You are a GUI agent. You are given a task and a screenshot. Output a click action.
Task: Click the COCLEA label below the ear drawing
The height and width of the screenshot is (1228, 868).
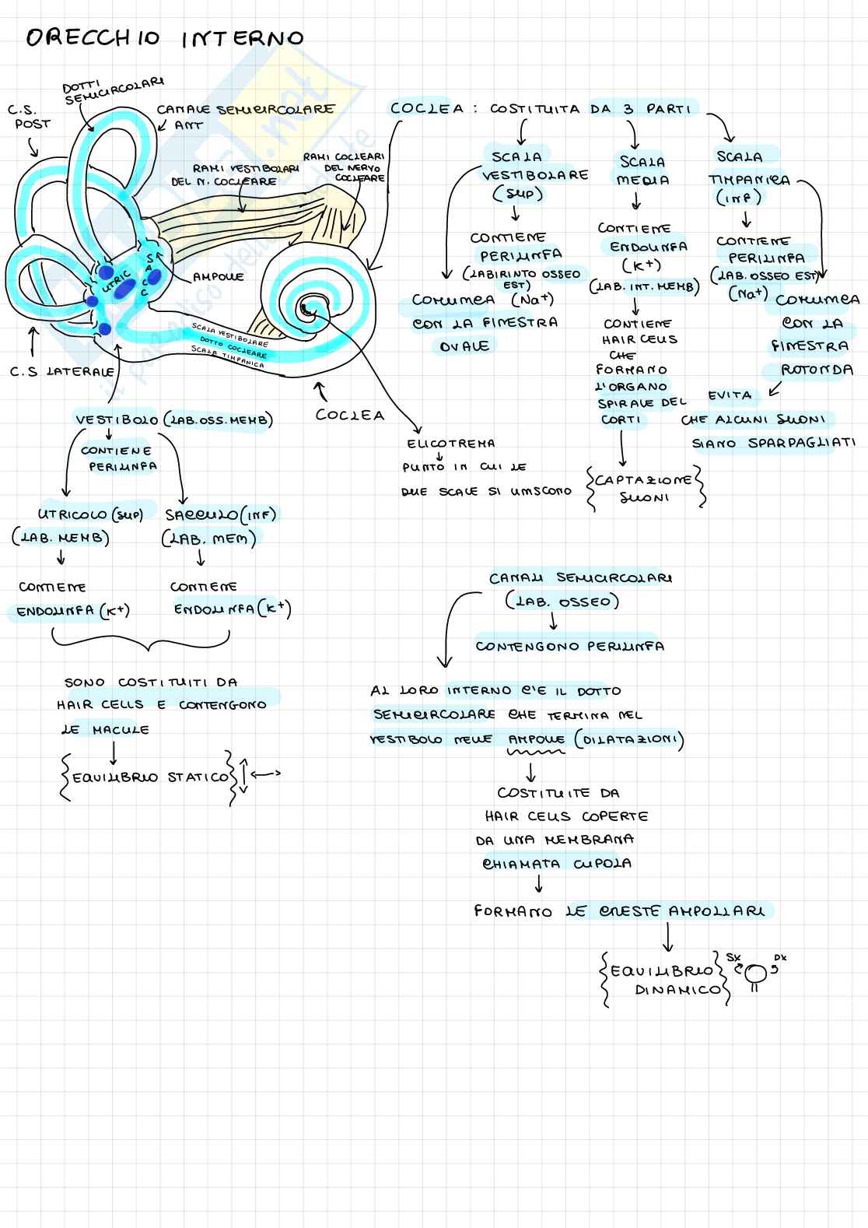point(350,416)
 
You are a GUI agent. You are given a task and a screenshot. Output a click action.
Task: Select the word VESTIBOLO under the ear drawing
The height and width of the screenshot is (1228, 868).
point(116,420)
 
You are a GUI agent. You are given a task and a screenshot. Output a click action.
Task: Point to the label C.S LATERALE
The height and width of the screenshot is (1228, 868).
point(62,372)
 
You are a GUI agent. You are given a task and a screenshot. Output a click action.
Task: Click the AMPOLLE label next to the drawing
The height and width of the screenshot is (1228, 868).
point(218,277)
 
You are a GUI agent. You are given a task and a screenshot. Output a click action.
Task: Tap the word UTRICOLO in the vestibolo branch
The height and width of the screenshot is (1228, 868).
point(73,515)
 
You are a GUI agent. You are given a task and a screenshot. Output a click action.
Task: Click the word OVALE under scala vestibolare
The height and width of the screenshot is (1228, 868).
point(465,346)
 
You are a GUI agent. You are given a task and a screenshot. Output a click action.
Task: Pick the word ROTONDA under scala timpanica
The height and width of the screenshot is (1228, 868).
point(817,370)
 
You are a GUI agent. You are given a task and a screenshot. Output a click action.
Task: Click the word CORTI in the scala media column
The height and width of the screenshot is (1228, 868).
point(621,420)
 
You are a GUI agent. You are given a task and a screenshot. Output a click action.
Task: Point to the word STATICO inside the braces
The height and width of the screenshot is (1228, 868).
point(198,777)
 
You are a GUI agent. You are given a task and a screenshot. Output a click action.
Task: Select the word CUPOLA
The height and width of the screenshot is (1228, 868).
point(602,864)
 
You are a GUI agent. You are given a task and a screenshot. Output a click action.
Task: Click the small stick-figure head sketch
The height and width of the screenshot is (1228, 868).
point(755,973)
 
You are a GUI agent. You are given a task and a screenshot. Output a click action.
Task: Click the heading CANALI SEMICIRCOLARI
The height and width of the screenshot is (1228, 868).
point(581,578)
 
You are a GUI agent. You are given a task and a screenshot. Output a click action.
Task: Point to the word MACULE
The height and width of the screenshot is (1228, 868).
point(121,730)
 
